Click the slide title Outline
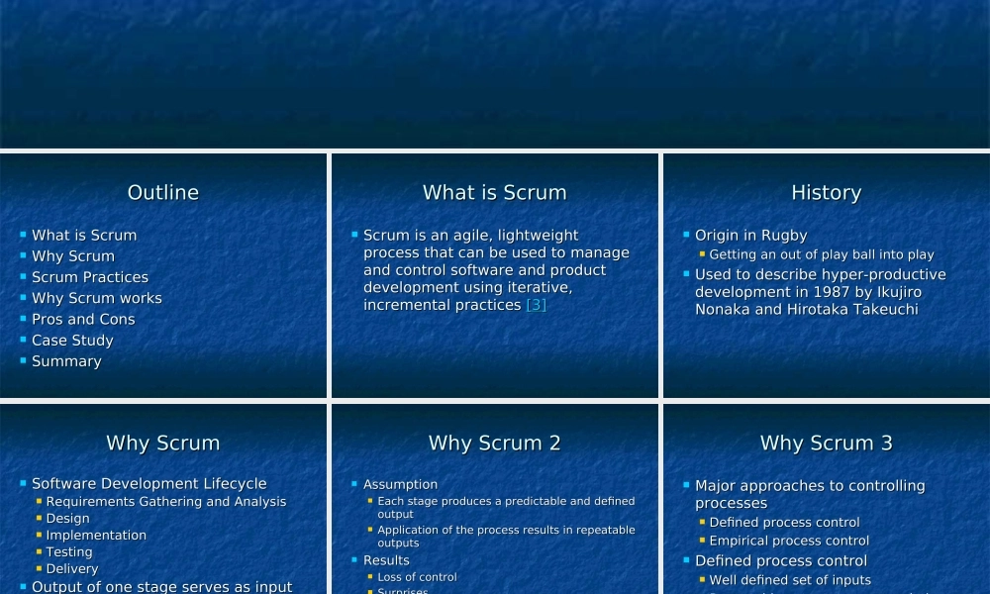(163, 193)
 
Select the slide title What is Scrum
(494, 193)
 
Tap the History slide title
(826, 193)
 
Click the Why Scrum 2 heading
(494, 444)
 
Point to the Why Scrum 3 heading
(826, 444)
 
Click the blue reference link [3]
(536, 305)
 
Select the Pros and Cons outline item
(83, 320)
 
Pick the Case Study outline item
(72, 341)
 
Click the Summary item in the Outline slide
(66, 361)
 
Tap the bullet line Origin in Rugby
(750, 236)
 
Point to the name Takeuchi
(882, 310)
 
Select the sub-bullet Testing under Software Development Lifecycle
(69, 552)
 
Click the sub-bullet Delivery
(72, 569)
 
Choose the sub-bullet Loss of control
(417, 577)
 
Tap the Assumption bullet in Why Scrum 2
(400, 485)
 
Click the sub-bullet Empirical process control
(789, 541)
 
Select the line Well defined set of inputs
(790, 580)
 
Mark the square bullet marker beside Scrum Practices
(23, 276)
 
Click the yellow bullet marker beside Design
(39, 518)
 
